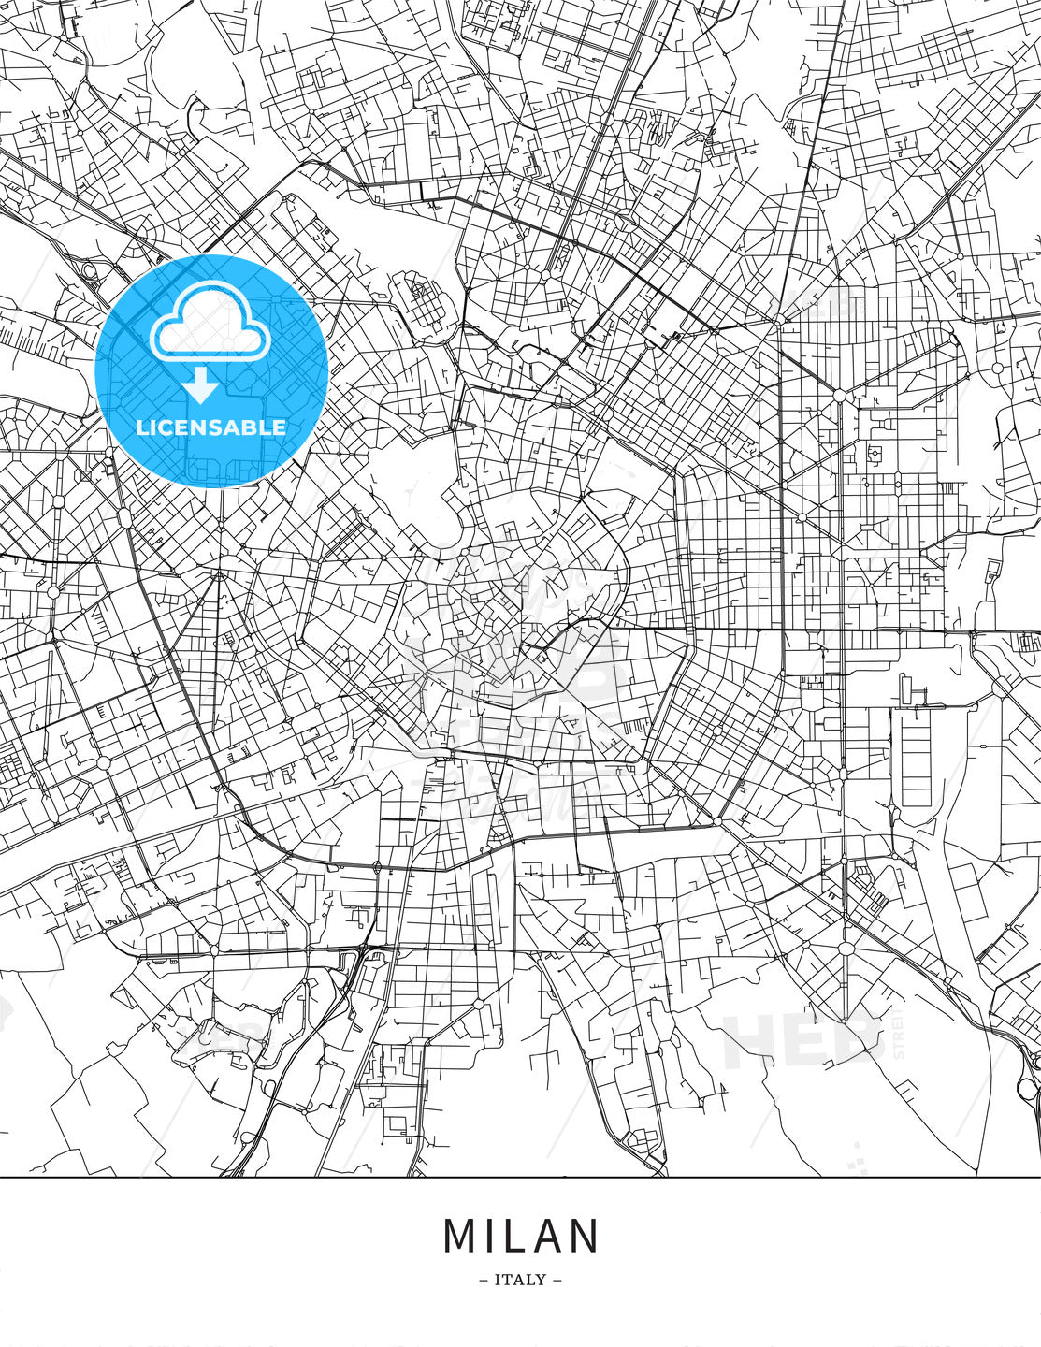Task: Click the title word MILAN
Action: pyautogui.click(x=520, y=1236)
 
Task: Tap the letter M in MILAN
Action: pyautogui.click(x=460, y=1236)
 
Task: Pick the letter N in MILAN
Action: pyautogui.click(x=586, y=1236)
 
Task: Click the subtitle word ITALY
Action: pyautogui.click(x=520, y=1280)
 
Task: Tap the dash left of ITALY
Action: pyautogui.click(x=483, y=1280)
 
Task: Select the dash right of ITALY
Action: pyautogui.click(x=557, y=1280)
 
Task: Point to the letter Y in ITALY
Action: pyautogui.click(x=542, y=1280)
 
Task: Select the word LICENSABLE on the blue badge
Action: pyautogui.click(x=211, y=427)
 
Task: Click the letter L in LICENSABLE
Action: pyautogui.click(x=142, y=427)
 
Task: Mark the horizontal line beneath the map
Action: pyautogui.click(x=520, y=1177)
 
